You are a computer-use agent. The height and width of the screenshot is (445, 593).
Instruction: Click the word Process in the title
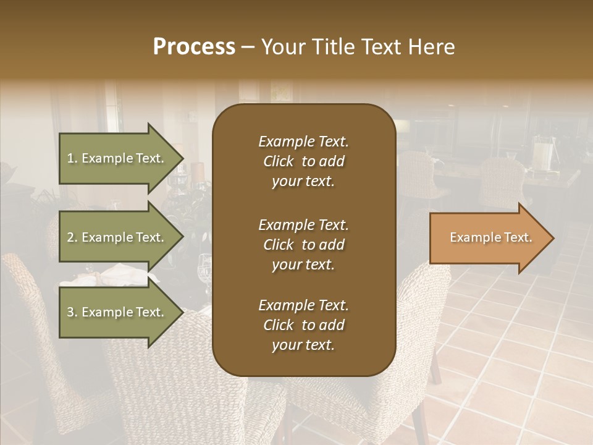[x=194, y=47]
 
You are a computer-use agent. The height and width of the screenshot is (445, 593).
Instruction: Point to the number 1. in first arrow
[x=72, y=158]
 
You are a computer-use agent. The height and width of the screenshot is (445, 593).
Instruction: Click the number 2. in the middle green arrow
[x=72, y=237]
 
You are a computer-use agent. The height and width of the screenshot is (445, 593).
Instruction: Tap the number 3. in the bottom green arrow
[x=72, y=312]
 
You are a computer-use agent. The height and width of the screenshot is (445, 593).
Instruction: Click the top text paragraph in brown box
[x=303, y=161]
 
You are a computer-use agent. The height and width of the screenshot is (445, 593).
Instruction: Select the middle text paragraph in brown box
[x=303, y=245]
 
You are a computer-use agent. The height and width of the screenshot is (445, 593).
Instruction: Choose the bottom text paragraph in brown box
[x=303, y=325]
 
